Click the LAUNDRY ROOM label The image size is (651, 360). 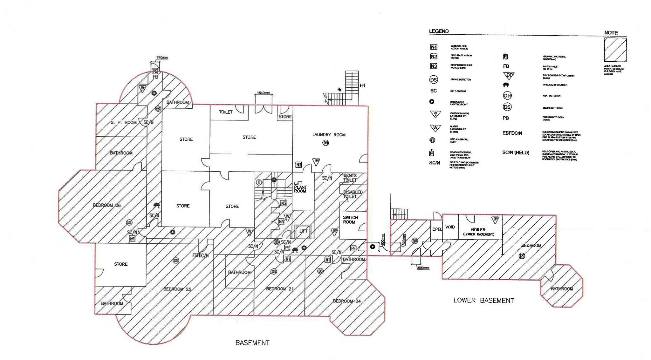tap(329, 135)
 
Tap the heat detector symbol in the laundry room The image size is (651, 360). tap(325, 143)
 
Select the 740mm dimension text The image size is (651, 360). tap(162, 58)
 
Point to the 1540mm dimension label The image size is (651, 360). tap(263, 93)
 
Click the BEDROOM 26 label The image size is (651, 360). tap(106, 205)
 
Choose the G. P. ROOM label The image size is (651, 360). tap(123, 122)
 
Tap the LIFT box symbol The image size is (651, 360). tap(303, 231)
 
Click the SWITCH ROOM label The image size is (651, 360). tap(350, 220)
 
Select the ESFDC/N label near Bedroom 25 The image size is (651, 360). tap(200, 255)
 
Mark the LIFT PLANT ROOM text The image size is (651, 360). tap(300, 187)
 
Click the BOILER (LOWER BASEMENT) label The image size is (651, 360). tap(478, 232)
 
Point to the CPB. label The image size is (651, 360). tap(437, 229)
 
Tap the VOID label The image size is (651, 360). tap(450, 227)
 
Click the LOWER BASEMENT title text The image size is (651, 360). tap(483, 300)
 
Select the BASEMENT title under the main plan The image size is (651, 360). tap(252, 343)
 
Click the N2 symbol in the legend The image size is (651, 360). tap(434, 56)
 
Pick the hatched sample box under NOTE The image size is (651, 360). tap(615, 50)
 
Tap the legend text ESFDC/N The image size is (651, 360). tap(512, 133)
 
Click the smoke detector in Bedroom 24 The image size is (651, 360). tap(320, 271)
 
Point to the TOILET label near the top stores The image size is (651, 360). tap(225, 112)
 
